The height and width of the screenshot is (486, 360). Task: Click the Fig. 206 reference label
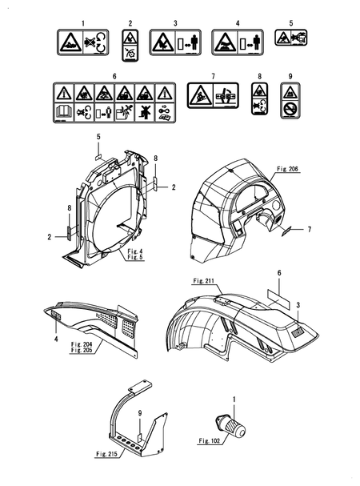pyautogui.click(x=287, y=169)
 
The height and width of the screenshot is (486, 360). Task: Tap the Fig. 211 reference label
pyautogui.click(x=203, y=281)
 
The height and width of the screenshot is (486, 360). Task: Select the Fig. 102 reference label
pyautogui.click(x=210, y=440)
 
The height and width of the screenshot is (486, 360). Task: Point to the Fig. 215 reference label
pyautogui.click(x=106, y=454)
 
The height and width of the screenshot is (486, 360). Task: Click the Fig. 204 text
pyautogui.click(x=81, y=344)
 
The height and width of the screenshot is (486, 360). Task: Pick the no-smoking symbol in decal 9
pyautogui.click(x=290, y=109)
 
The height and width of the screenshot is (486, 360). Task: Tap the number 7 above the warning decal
pyautogui.click(x=213, y=76)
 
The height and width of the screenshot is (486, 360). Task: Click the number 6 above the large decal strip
pyautogui.click(x=114, y=76)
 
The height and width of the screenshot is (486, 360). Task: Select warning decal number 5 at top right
pyautogui.click(x=291, y=38)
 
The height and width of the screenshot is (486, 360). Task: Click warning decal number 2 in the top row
pyautogui.click(x=130, y=46)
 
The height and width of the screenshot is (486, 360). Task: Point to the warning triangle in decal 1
pyautogui.click(x=70, y=42)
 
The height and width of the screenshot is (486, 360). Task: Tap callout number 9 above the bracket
pyautogui.click(x=140, y=413)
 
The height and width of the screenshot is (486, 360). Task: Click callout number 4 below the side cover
pyautogui.click(x=56, y=339)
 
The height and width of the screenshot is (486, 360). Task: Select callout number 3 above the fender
pyautogui.click(x=298, y=305)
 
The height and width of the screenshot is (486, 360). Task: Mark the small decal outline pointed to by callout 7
pyautogui.click(x=286, y=231)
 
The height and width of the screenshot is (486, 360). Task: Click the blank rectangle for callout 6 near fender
pyautogui.click(x=278, y=299)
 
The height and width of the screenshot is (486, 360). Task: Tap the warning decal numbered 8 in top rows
pyautogui.click(x=260, y=98)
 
